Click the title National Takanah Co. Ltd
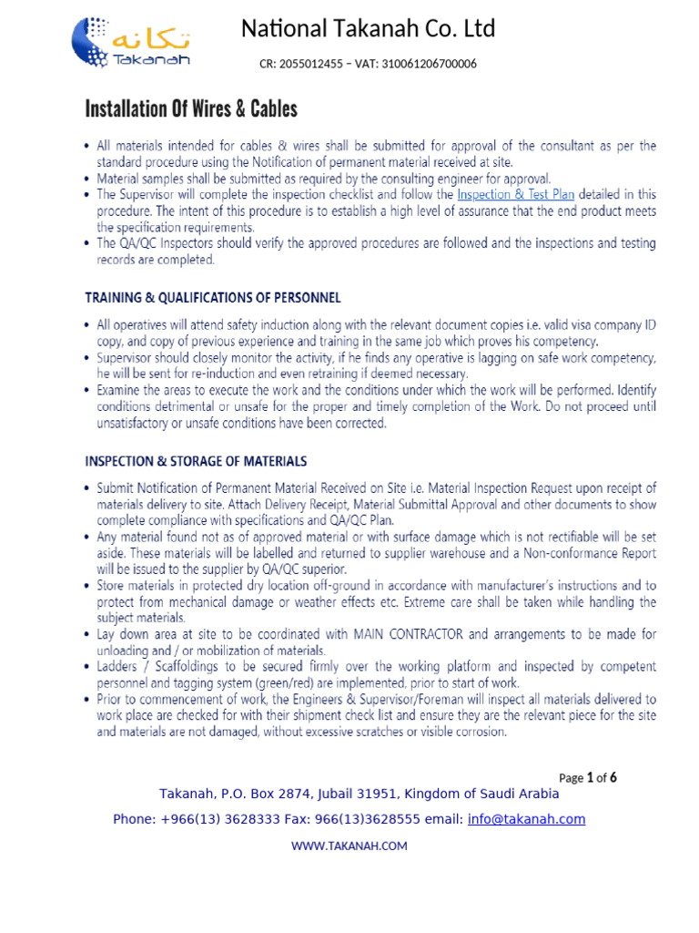click(368, 29)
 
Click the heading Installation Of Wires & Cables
click(191, 109)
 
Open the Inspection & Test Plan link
click(516, 194)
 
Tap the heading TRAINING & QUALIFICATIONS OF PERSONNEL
click(213, 298)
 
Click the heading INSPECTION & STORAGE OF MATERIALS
click(196, 462)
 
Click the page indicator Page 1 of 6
click(588, 778)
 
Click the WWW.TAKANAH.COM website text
click(349, 846)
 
